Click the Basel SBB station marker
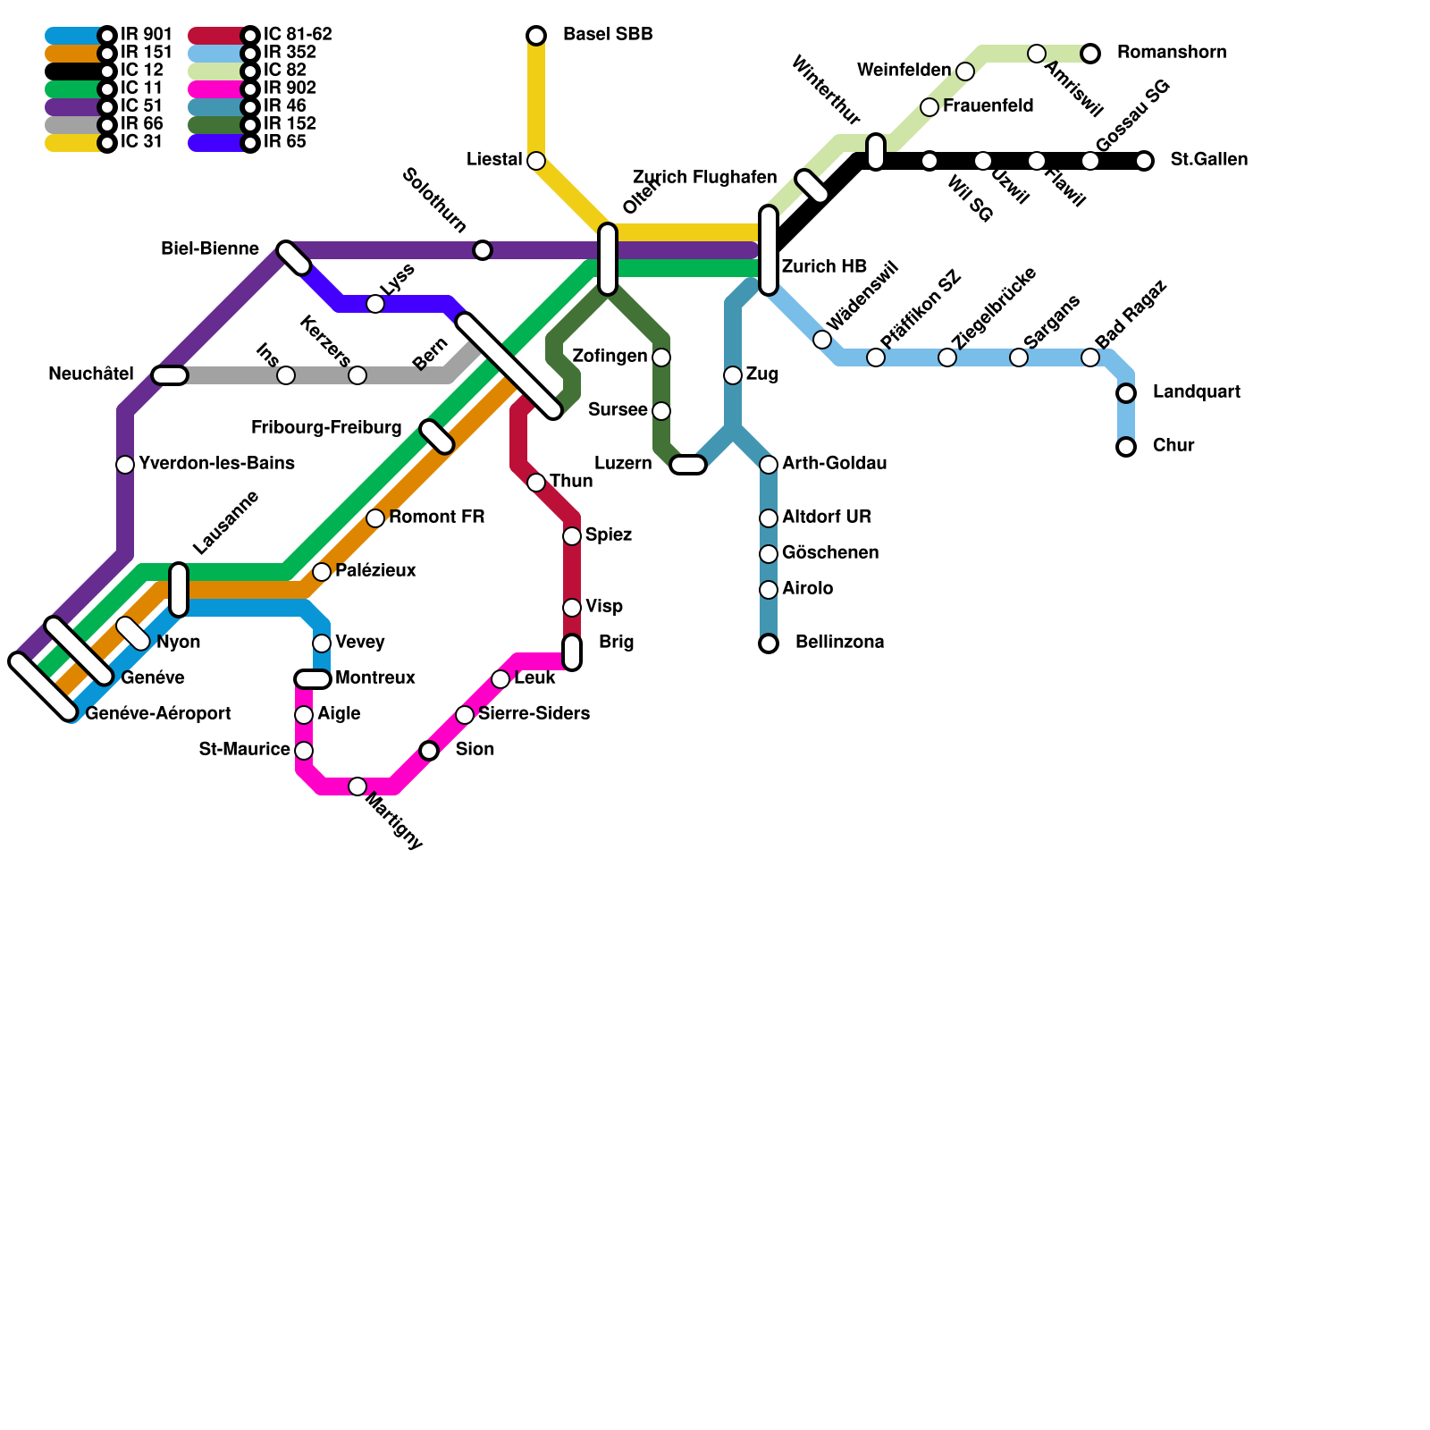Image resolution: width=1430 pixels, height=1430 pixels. pyautogui.click(x=536, y=36)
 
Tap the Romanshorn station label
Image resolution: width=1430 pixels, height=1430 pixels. pyautogui.click(x=1171, y=53)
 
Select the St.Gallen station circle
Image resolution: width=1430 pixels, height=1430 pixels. pyautogui.click(x=1144, y=161)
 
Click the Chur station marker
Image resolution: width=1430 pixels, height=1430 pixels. pyautogui.click(x=1126, y=447)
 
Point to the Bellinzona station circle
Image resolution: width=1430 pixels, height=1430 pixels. pyautogui.click(x=769, y=643)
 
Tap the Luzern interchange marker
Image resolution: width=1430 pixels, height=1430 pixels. pyautogui.click(x=688, y=465)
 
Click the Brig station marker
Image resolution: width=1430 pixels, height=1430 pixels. pyautogui.click(x=572, y=652)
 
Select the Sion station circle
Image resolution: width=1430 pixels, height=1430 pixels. pyautogui.click(x=429, y=751)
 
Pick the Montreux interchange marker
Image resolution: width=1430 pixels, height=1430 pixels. pyautogui.click(x=313, y=679)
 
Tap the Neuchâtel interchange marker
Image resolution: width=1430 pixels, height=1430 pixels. pyautogui.click(x=170, y=375)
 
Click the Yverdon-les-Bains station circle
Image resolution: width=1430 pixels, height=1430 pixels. pyautogui.click(x=125, y=465)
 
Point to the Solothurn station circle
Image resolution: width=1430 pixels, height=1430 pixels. pyautogui.click(x=483, y=250)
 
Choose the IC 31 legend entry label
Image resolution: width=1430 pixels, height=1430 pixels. pyautogui.click(x=141, y=141)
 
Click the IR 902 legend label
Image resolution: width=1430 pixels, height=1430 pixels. pyautogui.click(x=290, y=88)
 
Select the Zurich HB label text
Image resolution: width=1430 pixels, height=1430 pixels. pyautogui.click(x=824, y=266)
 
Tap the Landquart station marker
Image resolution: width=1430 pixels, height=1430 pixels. pyautogui.click(x=1126, y=393)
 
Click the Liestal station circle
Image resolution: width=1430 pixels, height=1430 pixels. pyautogui.click(x=536, y=161)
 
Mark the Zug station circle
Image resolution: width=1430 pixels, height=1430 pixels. pyautogui.click(x=733, y=375)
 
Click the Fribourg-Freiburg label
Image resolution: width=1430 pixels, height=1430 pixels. pyautogui.click(x=326, y=427)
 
